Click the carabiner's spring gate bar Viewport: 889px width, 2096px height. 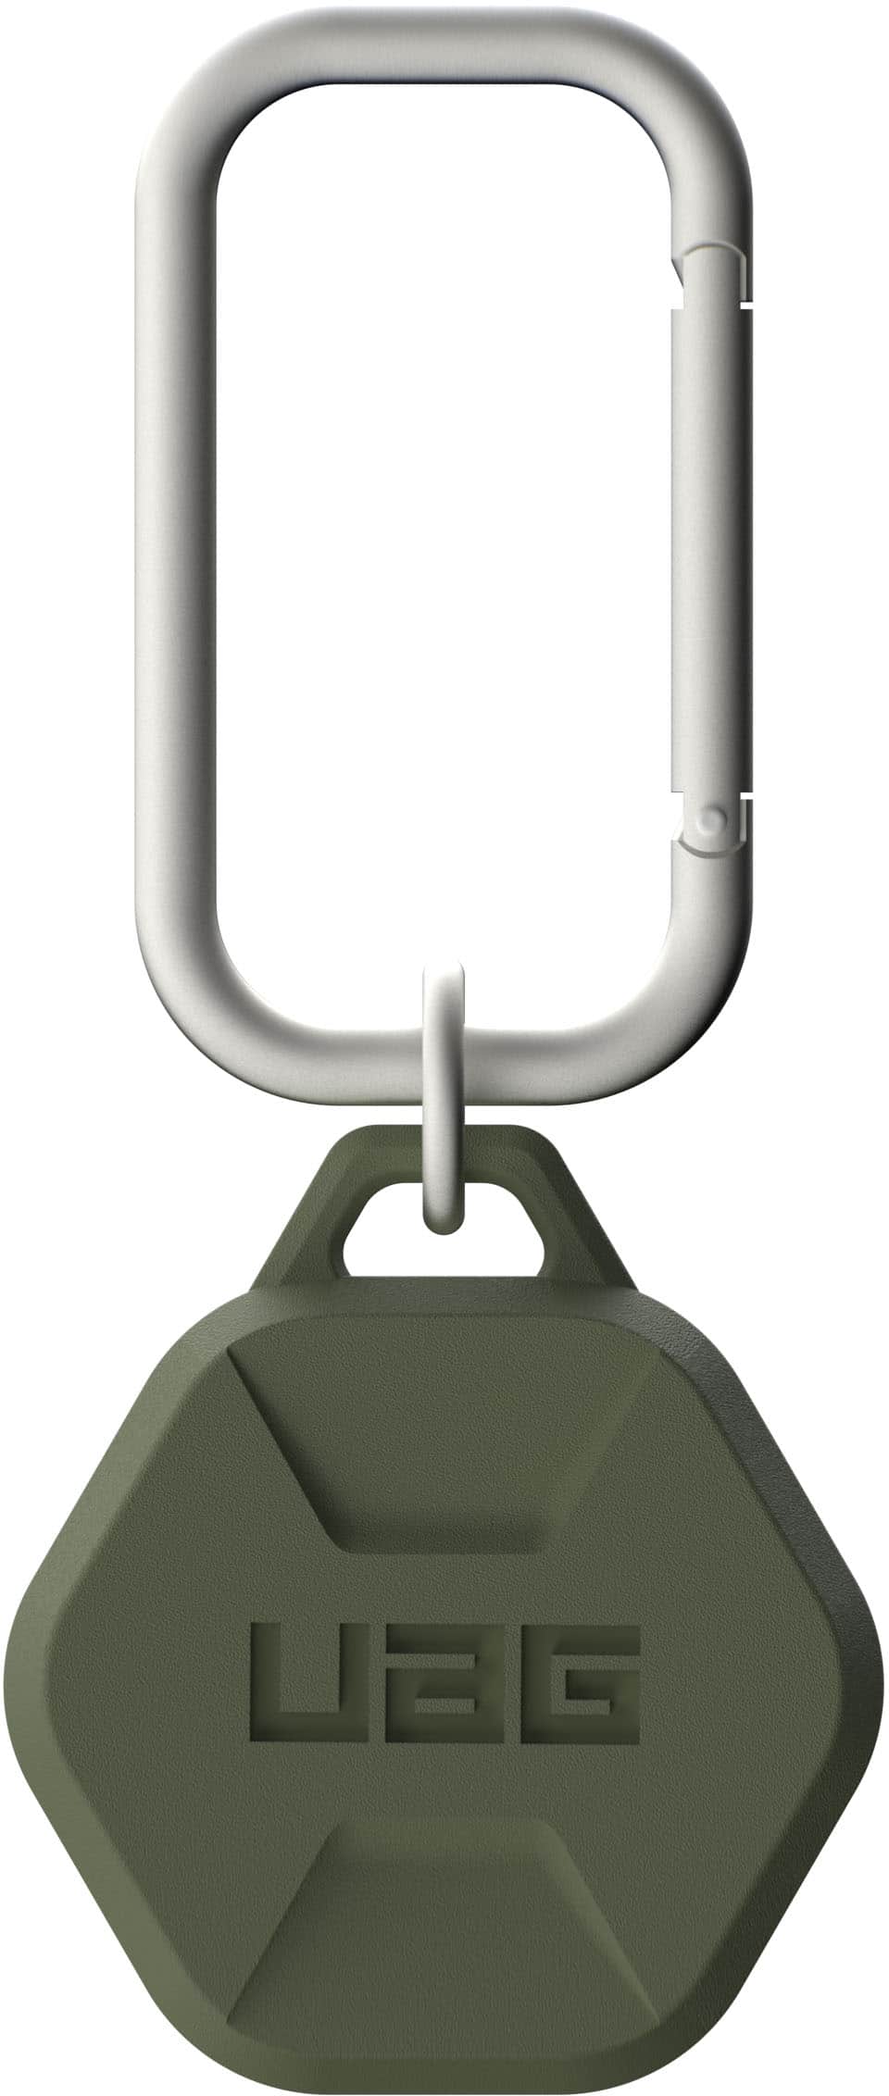click(x=713, y=546)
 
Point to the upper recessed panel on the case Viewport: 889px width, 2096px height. click(x=443, y=1435)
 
